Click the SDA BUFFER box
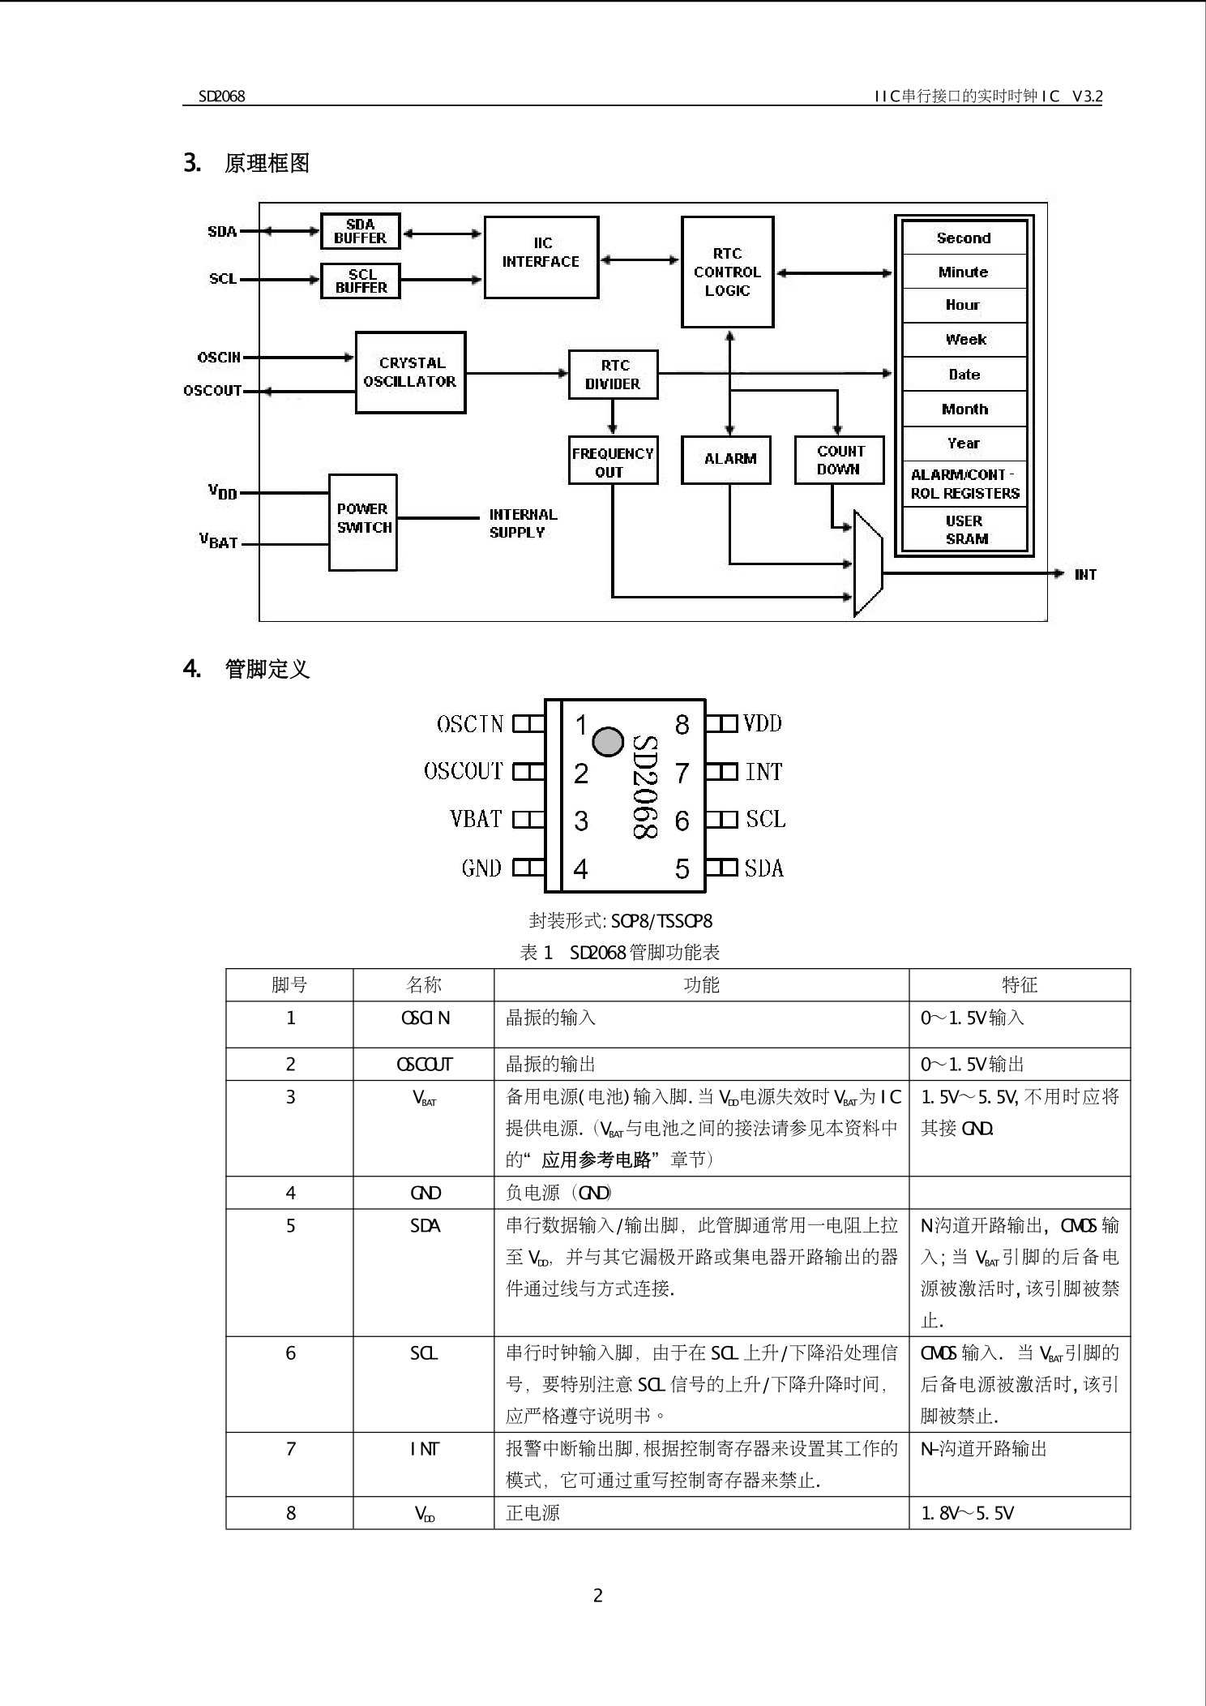360,231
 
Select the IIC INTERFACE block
541,256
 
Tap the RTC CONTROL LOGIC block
727,272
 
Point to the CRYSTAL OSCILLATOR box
410,372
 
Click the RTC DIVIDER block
613,375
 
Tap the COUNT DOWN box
839,460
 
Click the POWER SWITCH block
363,521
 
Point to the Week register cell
964,340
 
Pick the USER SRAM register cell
964,529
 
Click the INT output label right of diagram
1084,575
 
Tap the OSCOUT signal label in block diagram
212,391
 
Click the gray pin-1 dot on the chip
608,741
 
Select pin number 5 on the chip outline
682,868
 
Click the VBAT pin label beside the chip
476,819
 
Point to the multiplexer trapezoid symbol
867,563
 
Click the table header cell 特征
1019,984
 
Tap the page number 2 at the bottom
598,1596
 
